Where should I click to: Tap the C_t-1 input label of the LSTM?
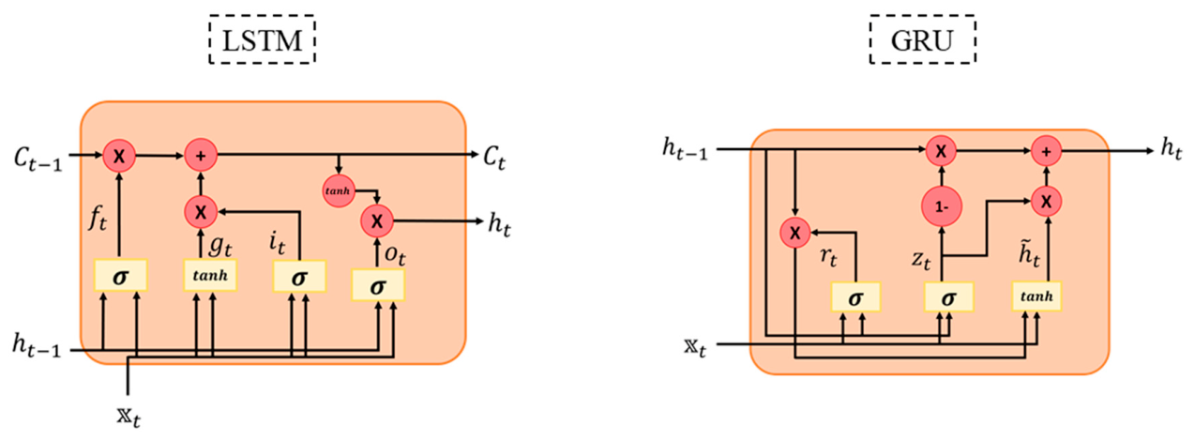coord(38,159)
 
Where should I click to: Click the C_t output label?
coord(494,158)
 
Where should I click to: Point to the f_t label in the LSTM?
coord(98,218)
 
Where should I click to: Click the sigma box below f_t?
coord(121,276)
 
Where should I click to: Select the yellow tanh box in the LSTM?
coord(210,275)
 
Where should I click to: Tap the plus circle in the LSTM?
coord(201,156)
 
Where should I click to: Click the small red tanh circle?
coord(339,191)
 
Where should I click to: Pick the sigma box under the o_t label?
coord(378,285)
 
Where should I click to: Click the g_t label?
coord(220,246)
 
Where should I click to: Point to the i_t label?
coord(277,243)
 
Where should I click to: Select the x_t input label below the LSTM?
coord(129,416)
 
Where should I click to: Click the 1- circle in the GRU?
coord(942,206)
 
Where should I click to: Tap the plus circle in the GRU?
coord(1046,151)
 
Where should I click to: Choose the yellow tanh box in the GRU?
coord(1036,296)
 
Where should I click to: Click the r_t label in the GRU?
coord(828,257)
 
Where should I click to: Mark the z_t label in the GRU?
coord(921,260)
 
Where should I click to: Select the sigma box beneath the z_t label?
coord(948,297)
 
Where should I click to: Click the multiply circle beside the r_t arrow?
coord(794,233)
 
